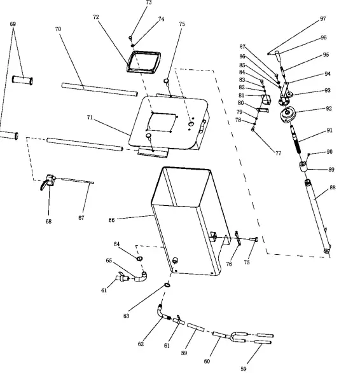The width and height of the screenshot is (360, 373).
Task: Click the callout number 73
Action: pos(148,3)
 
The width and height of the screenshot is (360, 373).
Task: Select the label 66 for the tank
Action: pos(111,220)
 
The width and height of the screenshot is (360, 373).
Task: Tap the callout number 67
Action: pos(81,218)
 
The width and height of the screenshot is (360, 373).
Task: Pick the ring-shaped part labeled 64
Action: pos(139,257)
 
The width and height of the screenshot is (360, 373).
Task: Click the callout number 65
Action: pos(109,261)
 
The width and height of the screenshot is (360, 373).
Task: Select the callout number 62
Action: pos(141,344)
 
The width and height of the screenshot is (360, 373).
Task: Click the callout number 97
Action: pos(322,19)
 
